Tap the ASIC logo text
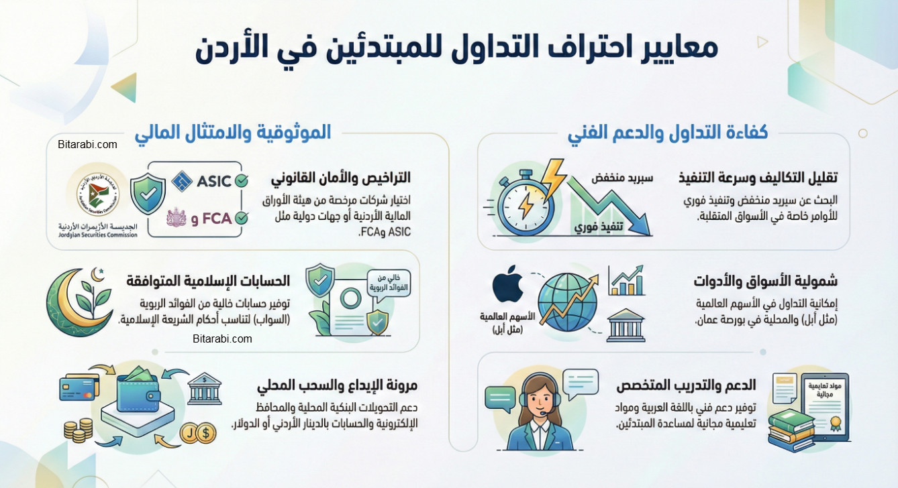click(213, 181)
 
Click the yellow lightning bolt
click(554, 177)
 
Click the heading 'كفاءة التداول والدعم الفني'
click(668, 133)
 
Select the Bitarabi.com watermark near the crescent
click(222, 339)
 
